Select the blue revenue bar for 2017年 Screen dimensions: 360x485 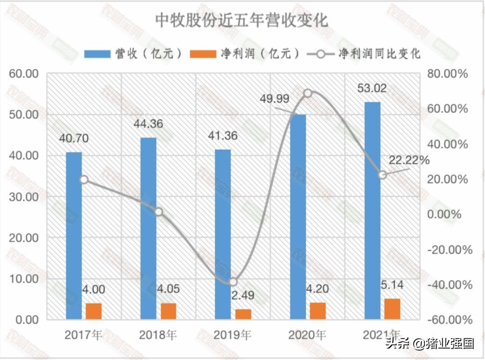click(x=74, y=236)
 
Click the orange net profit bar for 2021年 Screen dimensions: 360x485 click(x=392, y=309)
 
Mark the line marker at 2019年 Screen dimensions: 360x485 click(x=233, y=282)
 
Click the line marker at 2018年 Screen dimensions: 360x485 click(x=158, y=212)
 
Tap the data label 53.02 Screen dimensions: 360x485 click(x=371, y=89)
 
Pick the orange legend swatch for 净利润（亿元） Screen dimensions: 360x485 click(x=203, y=54)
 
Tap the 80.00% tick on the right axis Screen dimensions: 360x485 click(x=446, y=74)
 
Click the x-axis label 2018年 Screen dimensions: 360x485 click(x=158, y=335)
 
